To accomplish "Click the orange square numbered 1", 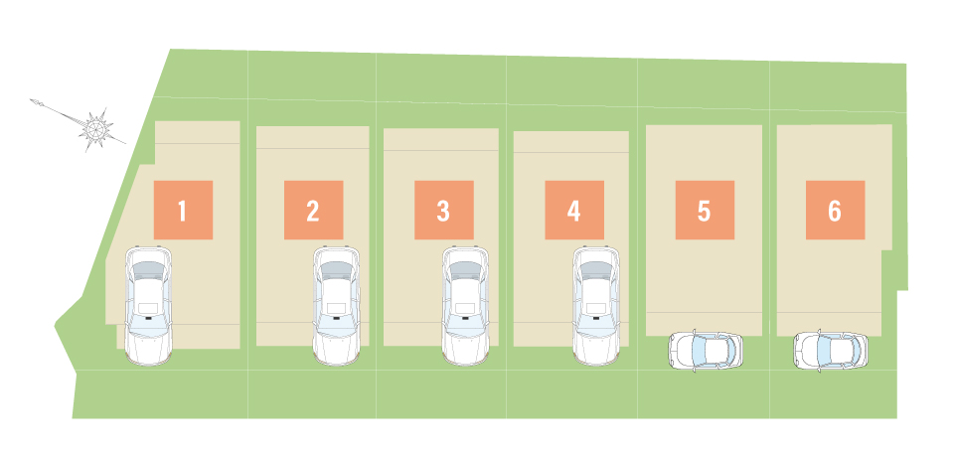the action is (x=183, y=210).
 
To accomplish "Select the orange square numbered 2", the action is (x=313, y=210).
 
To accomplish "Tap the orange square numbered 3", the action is (x=444, y=210).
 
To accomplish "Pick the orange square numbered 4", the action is (x=574, y=210).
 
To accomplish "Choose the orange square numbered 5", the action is (x=705, y=210).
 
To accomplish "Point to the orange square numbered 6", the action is (x=836, y=210).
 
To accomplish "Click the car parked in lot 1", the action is (x=148, y=305).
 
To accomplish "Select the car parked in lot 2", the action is (x=337, y=305).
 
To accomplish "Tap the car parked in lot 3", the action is (x=465, y=305).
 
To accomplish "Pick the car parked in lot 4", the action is (x=596, y=305).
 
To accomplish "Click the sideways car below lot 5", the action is (x=706, y=351).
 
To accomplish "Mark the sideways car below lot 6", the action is (x=831, y=351).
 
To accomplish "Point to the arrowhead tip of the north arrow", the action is (x=31, y=100).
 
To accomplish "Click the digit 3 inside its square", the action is (x=443, y=211).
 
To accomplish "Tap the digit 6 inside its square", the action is (x=835, y=211).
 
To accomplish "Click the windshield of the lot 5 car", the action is (x=700, y=351).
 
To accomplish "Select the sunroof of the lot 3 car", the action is (x=465, y=307).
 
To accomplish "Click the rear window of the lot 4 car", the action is (x=596, y=269).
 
